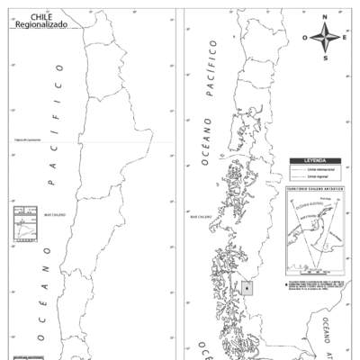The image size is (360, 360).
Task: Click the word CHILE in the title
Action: (40, 16)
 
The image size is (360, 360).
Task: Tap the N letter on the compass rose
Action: (325, 17)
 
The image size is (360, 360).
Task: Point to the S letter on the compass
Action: (325, 58)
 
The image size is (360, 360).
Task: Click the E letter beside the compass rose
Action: (345, 37)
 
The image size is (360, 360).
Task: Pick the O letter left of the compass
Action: (305, 38)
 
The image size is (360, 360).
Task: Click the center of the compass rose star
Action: (325, 37)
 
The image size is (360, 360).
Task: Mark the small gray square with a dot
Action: (247, 288)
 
